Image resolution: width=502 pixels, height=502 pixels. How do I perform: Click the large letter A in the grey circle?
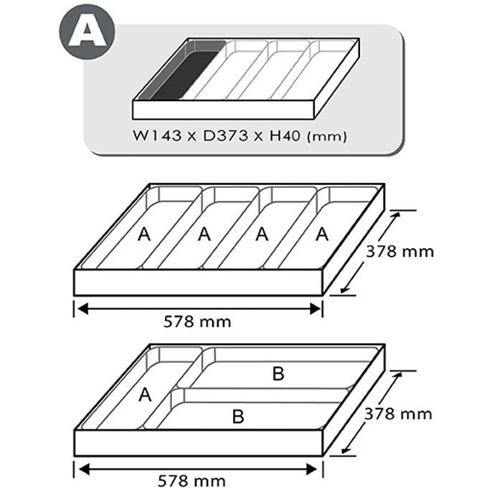point(87,32)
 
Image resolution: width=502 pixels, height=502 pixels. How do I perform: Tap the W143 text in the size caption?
point(157,136)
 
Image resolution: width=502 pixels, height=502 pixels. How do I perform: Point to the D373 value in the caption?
point(226,136)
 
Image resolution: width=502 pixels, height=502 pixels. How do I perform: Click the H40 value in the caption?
point(285,136)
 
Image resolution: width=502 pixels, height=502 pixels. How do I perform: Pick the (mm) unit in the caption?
point(327,137)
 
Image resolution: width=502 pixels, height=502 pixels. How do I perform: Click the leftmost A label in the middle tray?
point(144,235)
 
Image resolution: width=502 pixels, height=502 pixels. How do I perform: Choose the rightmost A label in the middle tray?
point(322,235)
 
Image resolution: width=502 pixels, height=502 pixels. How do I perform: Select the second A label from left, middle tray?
point(204,235)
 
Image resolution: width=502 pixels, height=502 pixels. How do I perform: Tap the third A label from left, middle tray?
point(262,235)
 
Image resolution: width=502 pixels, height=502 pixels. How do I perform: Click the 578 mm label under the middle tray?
point(197,322)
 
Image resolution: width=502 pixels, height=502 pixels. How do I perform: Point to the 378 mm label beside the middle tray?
point(400,252)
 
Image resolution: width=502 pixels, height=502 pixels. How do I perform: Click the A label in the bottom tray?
point(145,394)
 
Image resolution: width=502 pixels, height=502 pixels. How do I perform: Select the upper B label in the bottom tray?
point(278,374)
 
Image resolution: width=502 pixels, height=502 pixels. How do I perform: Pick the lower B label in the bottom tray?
point(238,417)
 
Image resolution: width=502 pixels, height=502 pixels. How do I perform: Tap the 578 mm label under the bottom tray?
point(191,481)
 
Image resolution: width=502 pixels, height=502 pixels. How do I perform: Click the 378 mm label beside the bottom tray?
point(398,414)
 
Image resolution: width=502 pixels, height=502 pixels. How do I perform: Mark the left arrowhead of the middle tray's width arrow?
point(82,309)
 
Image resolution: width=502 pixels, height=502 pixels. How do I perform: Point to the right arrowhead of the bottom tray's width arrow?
point(312,470)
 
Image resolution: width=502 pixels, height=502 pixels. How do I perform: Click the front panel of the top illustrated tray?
point(223,110)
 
